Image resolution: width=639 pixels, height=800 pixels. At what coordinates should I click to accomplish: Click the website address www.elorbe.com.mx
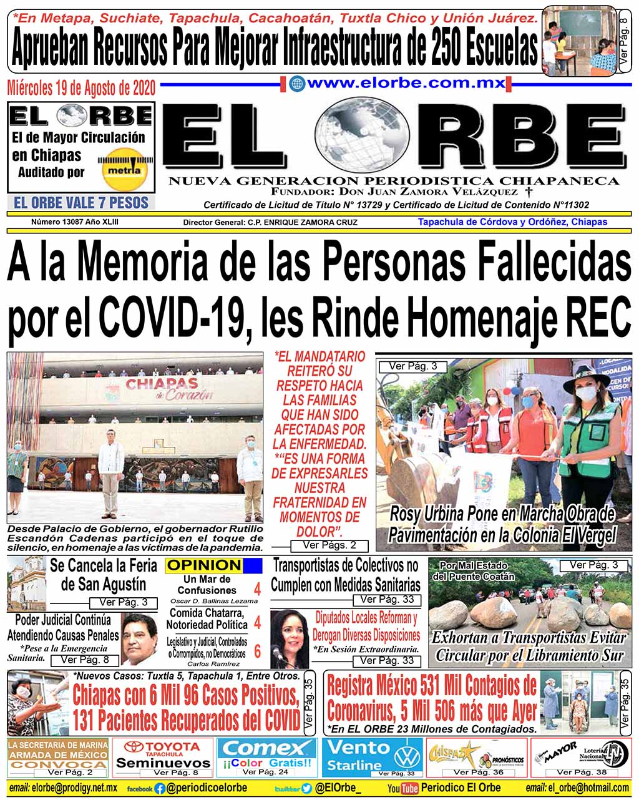click(x=406, y=84)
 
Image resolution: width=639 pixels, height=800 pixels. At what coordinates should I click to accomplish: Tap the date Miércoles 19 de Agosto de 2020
click(x=81, y=87)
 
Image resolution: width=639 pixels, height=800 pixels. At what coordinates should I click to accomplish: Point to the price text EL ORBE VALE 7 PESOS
click(x=81, y=203)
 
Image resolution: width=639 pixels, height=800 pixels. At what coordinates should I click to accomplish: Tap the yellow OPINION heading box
click(x=204, y=565)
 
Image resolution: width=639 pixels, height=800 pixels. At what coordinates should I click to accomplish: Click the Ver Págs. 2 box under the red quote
click(x=329, y=545)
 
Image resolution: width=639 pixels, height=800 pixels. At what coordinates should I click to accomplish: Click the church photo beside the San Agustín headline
click(x=27, y=583)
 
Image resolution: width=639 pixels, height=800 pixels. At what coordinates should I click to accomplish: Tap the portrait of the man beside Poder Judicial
click(x=139, y=640)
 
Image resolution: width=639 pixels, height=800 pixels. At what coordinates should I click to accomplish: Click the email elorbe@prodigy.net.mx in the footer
click(x=64, y=788)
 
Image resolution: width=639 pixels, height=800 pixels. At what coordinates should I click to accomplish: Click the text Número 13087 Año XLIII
click(x=75, y=222)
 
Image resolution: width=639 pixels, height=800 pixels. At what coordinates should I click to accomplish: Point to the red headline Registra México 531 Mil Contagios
click(x=432, y=698)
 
